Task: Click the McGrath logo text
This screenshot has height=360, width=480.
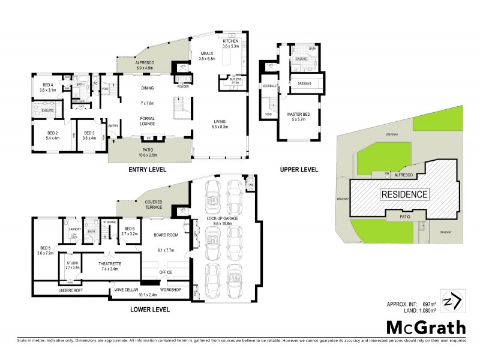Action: [425, 328]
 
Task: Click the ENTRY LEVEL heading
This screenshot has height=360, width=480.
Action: [151, 170]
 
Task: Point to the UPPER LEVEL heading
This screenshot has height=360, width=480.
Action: [299, 170]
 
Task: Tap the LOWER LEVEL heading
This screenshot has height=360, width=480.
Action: [149, 310]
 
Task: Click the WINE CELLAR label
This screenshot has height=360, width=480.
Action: [127, 290]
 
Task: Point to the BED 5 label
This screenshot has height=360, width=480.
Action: [46, 248]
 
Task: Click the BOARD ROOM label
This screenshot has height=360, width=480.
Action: [164, 235]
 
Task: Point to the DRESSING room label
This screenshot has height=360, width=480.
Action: [304, 83]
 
